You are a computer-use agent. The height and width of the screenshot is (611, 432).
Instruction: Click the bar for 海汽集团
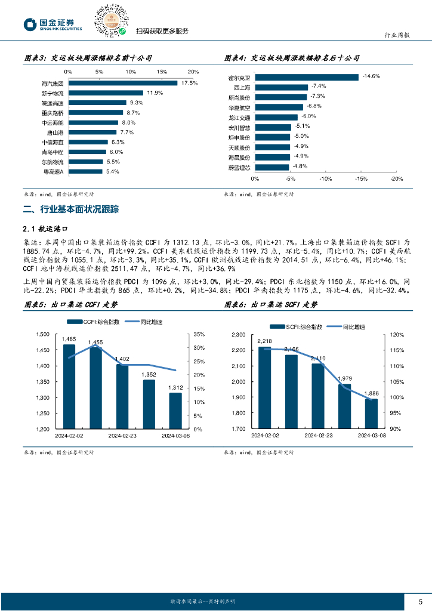(122, 83)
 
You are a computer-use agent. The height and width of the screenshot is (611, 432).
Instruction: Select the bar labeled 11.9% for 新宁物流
(105, 93)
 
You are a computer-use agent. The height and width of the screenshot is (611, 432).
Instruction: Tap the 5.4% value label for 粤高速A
(112, 171)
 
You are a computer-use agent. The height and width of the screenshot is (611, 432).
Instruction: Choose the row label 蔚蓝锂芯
(239, 168)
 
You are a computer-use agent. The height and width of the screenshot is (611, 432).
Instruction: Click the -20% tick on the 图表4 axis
(396, 178)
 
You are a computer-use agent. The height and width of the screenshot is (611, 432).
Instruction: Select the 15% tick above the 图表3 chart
(162, 72)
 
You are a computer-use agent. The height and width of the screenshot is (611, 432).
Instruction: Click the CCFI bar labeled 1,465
(69, 386)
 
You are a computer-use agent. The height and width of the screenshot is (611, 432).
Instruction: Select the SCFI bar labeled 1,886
(371, 413)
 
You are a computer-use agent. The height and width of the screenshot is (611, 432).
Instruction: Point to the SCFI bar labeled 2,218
(264, 387)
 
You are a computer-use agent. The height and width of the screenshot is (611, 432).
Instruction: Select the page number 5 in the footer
(420, 601)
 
